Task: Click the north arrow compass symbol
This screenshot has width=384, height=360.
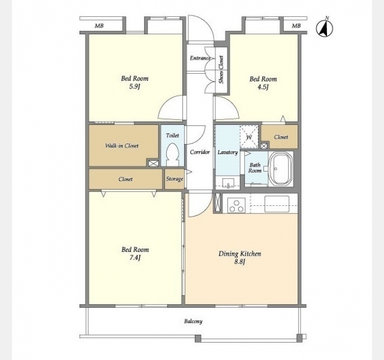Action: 325,28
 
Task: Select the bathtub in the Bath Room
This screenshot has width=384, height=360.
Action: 281,169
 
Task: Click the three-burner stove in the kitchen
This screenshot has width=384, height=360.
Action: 236,205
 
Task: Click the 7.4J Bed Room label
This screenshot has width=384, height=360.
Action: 135,253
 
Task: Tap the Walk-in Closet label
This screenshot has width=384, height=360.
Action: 122,146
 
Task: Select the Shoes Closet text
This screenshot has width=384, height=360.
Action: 221,70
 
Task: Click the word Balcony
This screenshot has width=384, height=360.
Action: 193,322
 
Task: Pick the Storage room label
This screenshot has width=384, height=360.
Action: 175,179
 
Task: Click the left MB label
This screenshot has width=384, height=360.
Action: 99,26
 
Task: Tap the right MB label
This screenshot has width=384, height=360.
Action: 296,26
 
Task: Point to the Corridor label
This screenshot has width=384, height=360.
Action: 200,152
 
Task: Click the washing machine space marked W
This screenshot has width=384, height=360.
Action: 249,137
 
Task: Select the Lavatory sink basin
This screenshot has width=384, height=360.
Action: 228,183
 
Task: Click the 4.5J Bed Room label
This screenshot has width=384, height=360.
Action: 263,83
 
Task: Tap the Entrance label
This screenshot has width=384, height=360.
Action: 200,58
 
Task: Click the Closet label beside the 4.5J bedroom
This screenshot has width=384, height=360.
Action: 281,137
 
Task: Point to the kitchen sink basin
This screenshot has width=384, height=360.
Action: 277,204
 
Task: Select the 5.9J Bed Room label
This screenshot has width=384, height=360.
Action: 134,82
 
